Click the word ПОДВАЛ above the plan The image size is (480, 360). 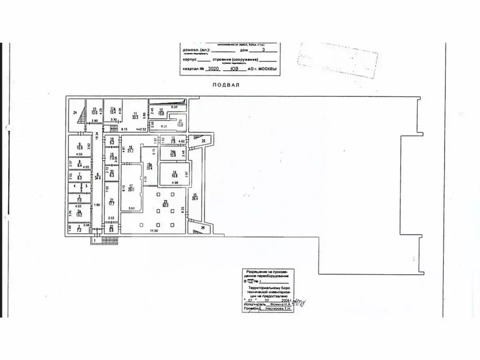(226, 85)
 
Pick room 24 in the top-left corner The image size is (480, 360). (75, 112)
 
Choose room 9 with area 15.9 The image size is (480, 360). (80, 146)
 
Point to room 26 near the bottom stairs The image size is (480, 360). (203, 228)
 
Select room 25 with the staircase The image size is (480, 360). (203, 141)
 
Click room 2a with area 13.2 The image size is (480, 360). (80, 214)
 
